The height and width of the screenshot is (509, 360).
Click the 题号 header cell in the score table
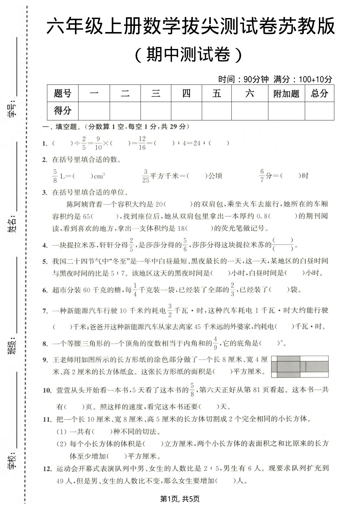pyautogui.click(x=63, y=93)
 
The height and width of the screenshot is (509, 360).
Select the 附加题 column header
pyautogui.click(x=286, y=94)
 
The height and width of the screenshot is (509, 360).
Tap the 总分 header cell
pyautogui.click(x=319, y=93)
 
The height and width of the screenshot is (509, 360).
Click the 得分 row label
pyautogui.click(x=63, y=111)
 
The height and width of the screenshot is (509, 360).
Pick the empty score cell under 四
pyautogui.click(x=186, y=111)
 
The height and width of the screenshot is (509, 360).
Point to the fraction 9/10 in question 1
pyautogui.click(x=98, y=143)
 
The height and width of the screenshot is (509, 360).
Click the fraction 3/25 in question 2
pyautogui.click(x=146, y=176)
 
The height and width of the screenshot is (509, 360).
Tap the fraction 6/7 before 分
pyautogui.click(x=262, y=176)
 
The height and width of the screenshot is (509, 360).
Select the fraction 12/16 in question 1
pyautogui.click(x=142, y=143)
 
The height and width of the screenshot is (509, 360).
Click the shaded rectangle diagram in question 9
pyautogui.click(x=300, y=366)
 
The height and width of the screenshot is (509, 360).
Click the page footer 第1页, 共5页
pyautogui.click(x=180, y=498)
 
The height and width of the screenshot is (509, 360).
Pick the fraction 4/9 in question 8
pyautogui.click(x=216, y=343)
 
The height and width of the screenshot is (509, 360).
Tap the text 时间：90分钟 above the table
pyautogui.click(x=243, y=79)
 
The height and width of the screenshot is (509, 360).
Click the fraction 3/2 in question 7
pyautogui.click(x=170, y=310)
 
